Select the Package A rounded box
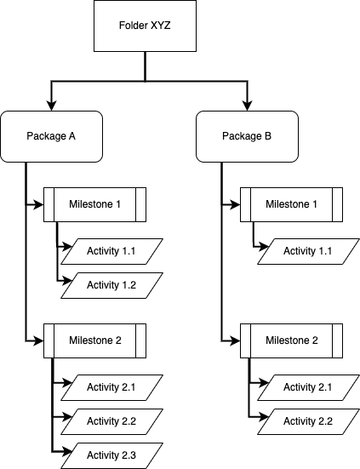(x=52, y=136)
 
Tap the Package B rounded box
(x=248, y=136)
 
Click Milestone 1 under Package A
(x=94, y=204)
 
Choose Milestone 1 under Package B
(x=291, y=204)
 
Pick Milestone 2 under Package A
(x=94, y=340)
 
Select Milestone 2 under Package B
(x=291, y=340)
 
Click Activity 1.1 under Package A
(x=111, y=251)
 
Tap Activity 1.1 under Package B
(x=307, y=251)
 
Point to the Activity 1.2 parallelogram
(x=111, y=285)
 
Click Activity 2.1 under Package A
(x=111, y=387)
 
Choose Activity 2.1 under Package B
(x=307, y=387)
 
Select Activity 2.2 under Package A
(x=111, y=421)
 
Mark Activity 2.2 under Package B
(x=307, y=421)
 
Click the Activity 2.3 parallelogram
(x=111, y=455)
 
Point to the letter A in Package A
(x=73, y=136)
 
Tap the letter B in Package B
(x=269, y=136)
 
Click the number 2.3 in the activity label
(x=129, y=455)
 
